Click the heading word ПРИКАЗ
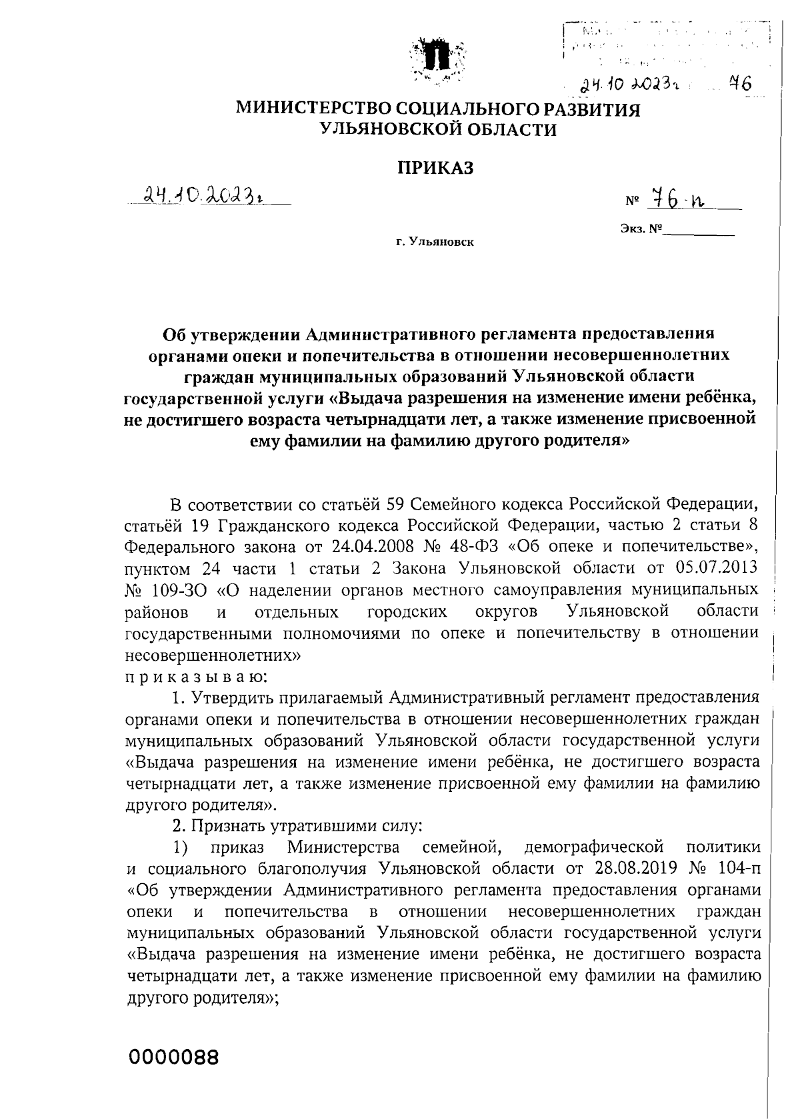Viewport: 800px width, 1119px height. [x=435, y=169]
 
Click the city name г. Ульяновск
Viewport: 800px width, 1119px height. [x=434, y=242]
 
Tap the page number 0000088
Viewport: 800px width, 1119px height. [x=174, y=1056]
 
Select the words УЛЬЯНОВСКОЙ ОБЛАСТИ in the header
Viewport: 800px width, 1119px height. [x=438, y=130]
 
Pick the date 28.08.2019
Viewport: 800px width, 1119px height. [x=621, y=869]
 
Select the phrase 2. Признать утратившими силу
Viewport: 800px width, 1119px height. [x=297, y=826]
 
